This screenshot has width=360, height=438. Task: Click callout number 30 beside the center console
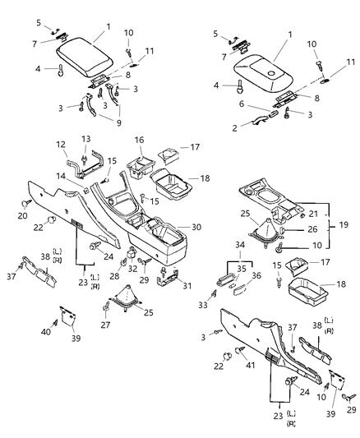coord(195,227)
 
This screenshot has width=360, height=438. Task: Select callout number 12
coord(60,145)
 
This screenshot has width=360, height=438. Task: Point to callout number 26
coord(312,229)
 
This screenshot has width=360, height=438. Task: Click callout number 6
coord(241,104)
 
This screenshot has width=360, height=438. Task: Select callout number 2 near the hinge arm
coord(235,128)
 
